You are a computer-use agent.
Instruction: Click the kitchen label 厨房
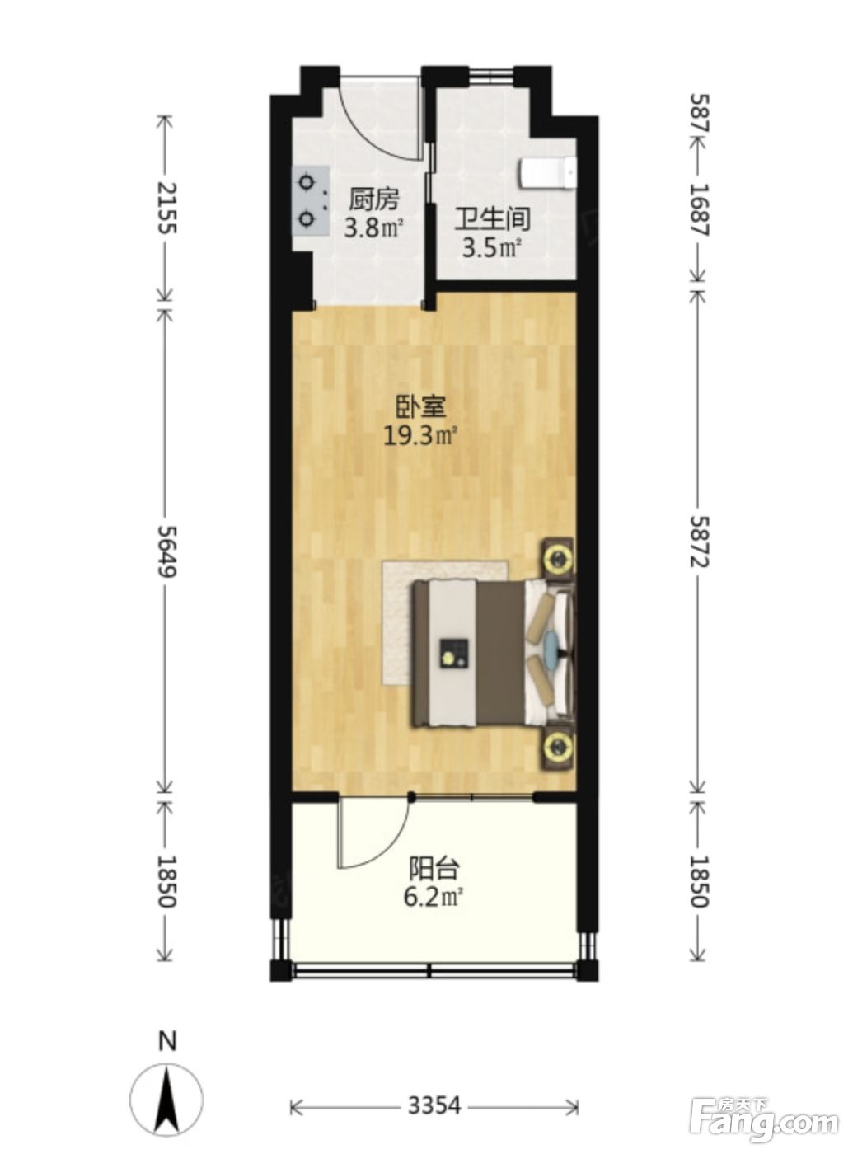(373, 199)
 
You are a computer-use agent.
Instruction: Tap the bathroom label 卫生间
(492, 219)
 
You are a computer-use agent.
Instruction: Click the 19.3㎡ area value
(421, 436)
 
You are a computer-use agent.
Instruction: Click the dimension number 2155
(167, 208)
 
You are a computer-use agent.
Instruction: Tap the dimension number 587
(698, 113)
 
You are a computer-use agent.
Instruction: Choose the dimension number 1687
(698, 209)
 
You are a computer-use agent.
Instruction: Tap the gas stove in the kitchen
(310, 201)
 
